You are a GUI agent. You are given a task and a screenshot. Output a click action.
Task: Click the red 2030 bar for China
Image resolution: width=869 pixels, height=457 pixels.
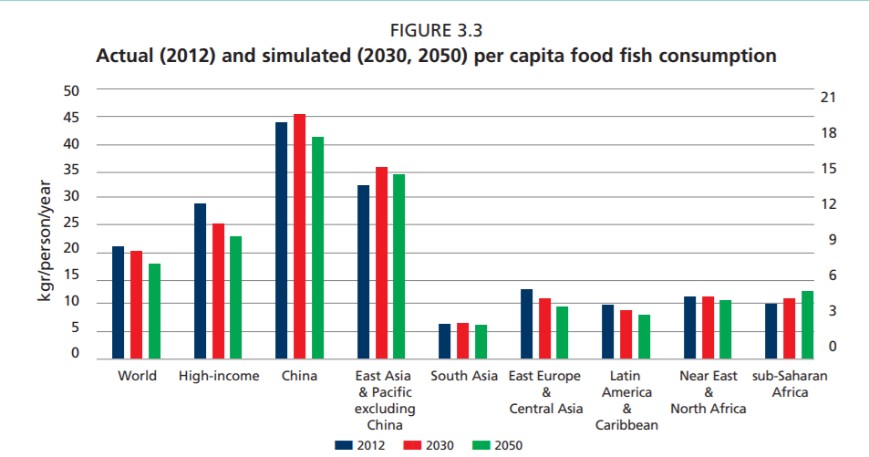tap(299, 236)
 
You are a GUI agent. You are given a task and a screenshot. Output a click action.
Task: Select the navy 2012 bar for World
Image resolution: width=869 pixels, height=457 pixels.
tap(118, 302)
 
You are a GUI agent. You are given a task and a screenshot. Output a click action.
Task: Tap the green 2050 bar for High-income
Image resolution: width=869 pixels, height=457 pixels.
tap(236, 297)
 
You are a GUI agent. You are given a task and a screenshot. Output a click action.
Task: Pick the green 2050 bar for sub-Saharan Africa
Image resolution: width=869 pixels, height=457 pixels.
tap(808, 325)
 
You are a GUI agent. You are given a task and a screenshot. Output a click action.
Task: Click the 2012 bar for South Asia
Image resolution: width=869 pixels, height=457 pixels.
tap(444, 341)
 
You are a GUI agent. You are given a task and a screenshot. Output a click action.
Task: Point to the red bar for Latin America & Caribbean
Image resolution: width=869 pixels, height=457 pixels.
tap(626, 335)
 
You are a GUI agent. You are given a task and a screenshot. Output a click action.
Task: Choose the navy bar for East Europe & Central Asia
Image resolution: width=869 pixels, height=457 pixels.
tap(526, 324)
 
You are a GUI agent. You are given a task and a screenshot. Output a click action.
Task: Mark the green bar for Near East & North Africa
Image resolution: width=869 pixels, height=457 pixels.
tap(726, 329)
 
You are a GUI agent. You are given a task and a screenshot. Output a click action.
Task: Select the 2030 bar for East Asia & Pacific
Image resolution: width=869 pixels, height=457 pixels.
tap(381, 263)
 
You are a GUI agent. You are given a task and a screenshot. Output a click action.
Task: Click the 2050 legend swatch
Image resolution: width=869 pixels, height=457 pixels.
tap(481, 445)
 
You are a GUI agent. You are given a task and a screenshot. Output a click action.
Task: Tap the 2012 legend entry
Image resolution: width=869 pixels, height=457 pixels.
tap(359, 445)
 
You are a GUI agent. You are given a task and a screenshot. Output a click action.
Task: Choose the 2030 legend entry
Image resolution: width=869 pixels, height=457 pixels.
tap(429, 445)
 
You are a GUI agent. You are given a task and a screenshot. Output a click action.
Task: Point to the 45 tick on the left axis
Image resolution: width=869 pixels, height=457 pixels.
tap(71, 118)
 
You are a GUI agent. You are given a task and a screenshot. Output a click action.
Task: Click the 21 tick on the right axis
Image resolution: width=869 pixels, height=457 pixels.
tap(828, 98)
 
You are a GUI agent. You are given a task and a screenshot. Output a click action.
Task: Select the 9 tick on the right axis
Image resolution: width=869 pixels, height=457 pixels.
tap(833, 240)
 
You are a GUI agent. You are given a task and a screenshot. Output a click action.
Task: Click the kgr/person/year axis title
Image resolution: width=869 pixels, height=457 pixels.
tap(45, 241)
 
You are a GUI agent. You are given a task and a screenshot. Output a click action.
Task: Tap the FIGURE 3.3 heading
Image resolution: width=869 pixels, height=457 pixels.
tap(436, 30)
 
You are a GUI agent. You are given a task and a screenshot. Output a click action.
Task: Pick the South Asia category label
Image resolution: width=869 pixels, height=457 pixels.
tap(464, 376)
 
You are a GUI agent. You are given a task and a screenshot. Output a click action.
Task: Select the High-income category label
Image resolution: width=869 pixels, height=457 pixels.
tap(219, 376)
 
